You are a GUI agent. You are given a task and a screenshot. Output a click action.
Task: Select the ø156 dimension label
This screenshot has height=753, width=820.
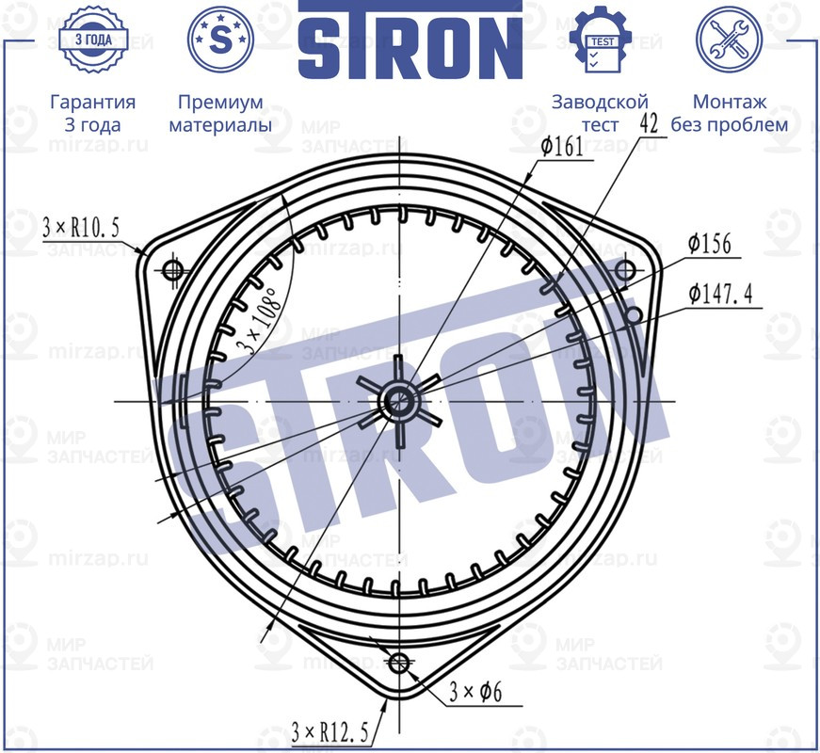pos(709,244)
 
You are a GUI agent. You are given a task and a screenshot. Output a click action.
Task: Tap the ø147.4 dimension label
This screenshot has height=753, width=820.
pos(719,295)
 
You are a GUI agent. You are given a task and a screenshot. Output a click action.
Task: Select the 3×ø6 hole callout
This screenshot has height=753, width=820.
pos(474,694)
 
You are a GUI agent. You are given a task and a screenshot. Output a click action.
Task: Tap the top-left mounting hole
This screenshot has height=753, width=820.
pos(172,270)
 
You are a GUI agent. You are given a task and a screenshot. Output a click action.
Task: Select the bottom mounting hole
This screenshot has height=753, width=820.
pos(400,662)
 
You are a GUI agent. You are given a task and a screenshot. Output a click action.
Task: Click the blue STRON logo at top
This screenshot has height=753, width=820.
pos(410,40)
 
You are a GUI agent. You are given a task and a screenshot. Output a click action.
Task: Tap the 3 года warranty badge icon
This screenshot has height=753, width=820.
pos(92,40)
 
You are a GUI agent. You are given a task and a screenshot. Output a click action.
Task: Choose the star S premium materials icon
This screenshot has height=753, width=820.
pos(220,40)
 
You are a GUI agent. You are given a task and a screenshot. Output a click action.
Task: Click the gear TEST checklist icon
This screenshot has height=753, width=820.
pos(601,40)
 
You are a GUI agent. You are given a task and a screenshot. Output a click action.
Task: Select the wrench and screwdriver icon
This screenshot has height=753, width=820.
pos(729,40)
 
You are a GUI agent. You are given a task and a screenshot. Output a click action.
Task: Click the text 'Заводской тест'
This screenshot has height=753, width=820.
pos(601,113)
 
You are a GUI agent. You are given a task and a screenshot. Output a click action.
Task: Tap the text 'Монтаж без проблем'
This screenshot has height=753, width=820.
pos(729,113)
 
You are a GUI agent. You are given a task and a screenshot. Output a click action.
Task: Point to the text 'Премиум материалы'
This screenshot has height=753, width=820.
pos(220,113)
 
